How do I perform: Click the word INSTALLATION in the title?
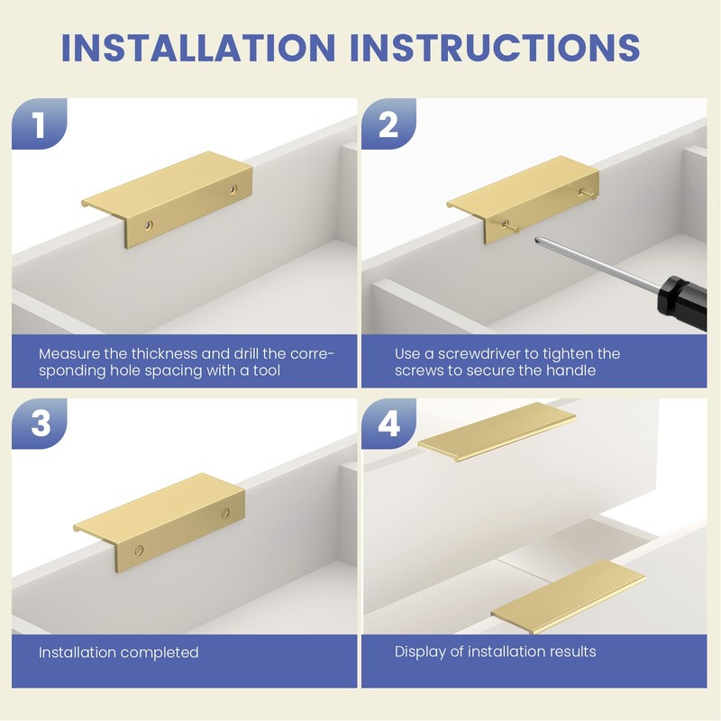198,47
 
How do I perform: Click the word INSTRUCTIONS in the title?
495,47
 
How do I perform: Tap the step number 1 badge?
40,123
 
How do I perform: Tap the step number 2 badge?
388,123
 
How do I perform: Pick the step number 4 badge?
389,423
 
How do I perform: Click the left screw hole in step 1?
148,225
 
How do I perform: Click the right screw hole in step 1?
233,188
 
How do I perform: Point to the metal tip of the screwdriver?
538,240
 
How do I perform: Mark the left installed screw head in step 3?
139,550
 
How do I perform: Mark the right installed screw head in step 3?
225,513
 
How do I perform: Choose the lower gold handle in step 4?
568,597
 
